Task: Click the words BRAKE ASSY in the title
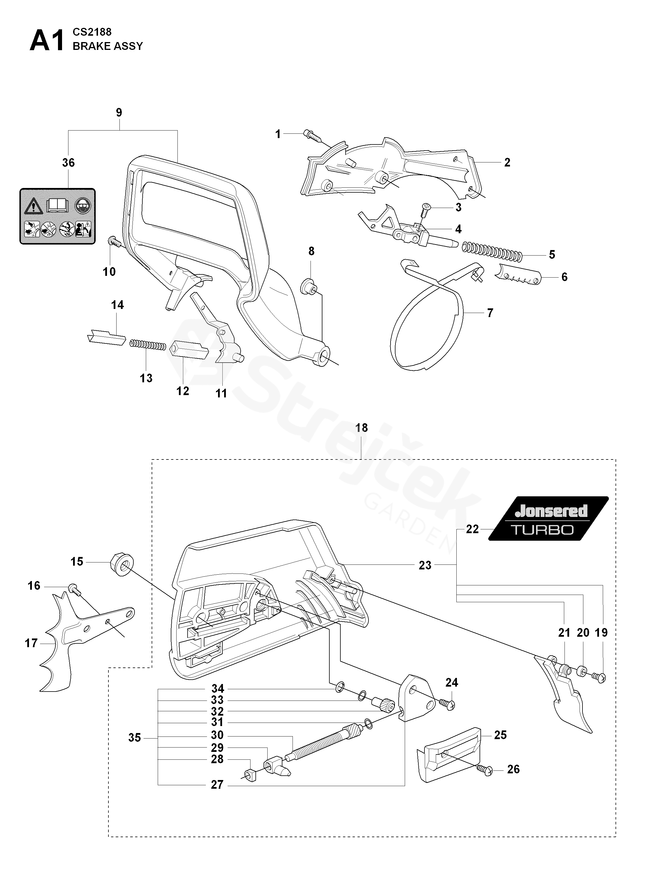(x=108, y=46)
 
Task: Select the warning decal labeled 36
(x=58, y=216)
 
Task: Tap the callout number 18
(x=361, y=428)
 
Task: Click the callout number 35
(x=134, y=738)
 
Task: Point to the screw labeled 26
(x=485, y=770)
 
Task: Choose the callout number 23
(x=425, y=565)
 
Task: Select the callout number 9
(x=119, y=113)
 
